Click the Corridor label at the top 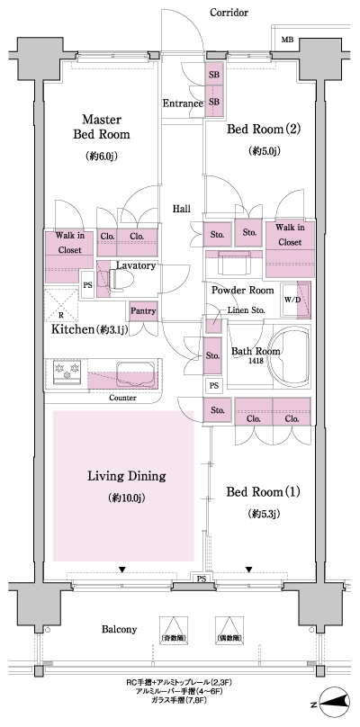[x=229, y=13]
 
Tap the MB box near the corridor [x=286, y=40]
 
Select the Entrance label [x=182, y=103]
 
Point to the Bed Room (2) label [x=264, y=129]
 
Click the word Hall [x=182, y=209]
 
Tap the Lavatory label [x=136, y=266]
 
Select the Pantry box [x=144, y=310]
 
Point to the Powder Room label [x=242, y=291]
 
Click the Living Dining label [x=124, y=476]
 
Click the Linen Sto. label [x=245, y=310]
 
